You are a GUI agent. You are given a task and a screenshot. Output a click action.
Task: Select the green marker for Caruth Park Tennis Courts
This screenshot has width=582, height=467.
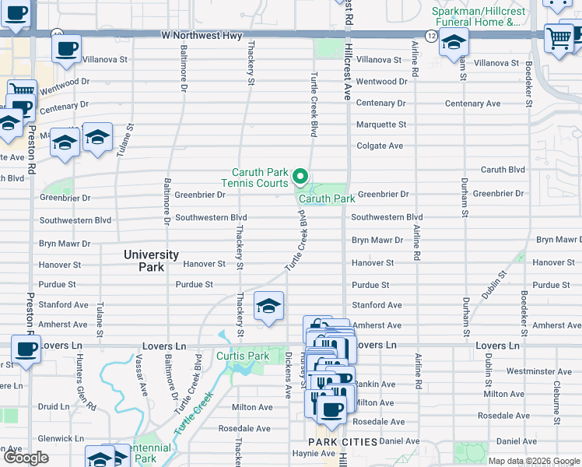click(300, 179)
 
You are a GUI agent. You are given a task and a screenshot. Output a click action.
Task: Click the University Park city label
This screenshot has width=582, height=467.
click(152, 261)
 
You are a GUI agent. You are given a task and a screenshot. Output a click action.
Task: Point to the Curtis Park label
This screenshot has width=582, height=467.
click(243, 356)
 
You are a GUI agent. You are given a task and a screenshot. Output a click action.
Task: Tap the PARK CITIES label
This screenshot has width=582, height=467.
click(343, 442)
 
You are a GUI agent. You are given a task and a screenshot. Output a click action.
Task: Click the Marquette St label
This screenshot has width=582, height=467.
click(381, 125)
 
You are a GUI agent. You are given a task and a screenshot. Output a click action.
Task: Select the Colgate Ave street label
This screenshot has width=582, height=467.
click(380, 146)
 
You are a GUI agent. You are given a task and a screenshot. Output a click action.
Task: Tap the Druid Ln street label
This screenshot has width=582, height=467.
click(54, 406)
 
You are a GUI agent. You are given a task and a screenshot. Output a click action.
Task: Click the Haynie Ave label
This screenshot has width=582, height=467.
click(292, 454)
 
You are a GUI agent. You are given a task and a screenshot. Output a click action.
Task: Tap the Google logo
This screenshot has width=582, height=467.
click(26, 458)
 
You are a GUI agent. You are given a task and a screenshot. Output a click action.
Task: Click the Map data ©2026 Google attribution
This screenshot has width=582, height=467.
click(533, 461)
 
